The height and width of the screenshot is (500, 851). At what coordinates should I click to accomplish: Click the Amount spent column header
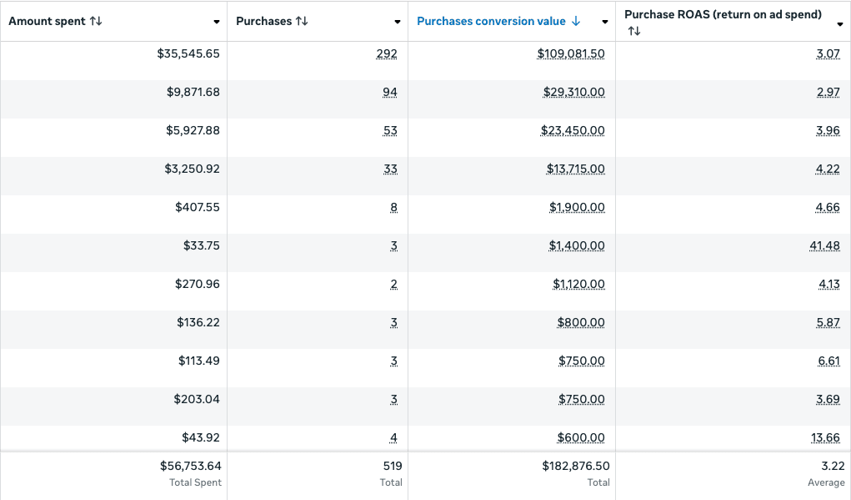click(48, 21)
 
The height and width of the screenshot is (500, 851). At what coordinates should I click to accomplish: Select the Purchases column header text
click(263, 21)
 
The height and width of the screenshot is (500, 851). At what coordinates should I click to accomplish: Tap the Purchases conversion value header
click(491, 21)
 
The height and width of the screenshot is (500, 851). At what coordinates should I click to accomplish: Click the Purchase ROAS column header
click(723, 15)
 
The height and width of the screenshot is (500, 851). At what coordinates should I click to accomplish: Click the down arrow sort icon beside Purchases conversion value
click(576, 21)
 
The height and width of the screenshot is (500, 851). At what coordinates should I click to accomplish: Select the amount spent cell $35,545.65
click(188, 53)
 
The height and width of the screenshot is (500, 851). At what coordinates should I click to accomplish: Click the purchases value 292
click(387, 53)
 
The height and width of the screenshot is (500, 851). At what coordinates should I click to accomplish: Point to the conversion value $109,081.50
click(571, 53)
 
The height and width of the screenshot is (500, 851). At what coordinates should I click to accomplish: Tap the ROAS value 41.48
click(825, 245)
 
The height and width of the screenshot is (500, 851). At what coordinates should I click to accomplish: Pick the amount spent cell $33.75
click(202, 245)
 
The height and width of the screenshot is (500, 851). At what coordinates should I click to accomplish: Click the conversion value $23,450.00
click(573, 130)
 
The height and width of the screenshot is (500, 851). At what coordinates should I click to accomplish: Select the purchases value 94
click(390, 93)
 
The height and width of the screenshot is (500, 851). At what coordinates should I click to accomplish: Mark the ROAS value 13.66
click(825, 437)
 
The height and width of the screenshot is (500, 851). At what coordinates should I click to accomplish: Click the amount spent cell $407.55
click(198, 207)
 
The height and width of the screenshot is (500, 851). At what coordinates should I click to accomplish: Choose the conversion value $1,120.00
click(578, 285)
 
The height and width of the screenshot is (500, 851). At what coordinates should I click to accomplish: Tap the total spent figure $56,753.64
click(191, 466)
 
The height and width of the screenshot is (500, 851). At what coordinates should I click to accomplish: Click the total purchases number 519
click(393, 466)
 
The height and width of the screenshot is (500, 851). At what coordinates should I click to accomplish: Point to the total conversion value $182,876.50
click(576, 466)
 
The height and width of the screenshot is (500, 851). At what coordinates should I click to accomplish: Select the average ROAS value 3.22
click(833, 466)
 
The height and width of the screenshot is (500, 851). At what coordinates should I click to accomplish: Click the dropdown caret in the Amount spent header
click(217, 23)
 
